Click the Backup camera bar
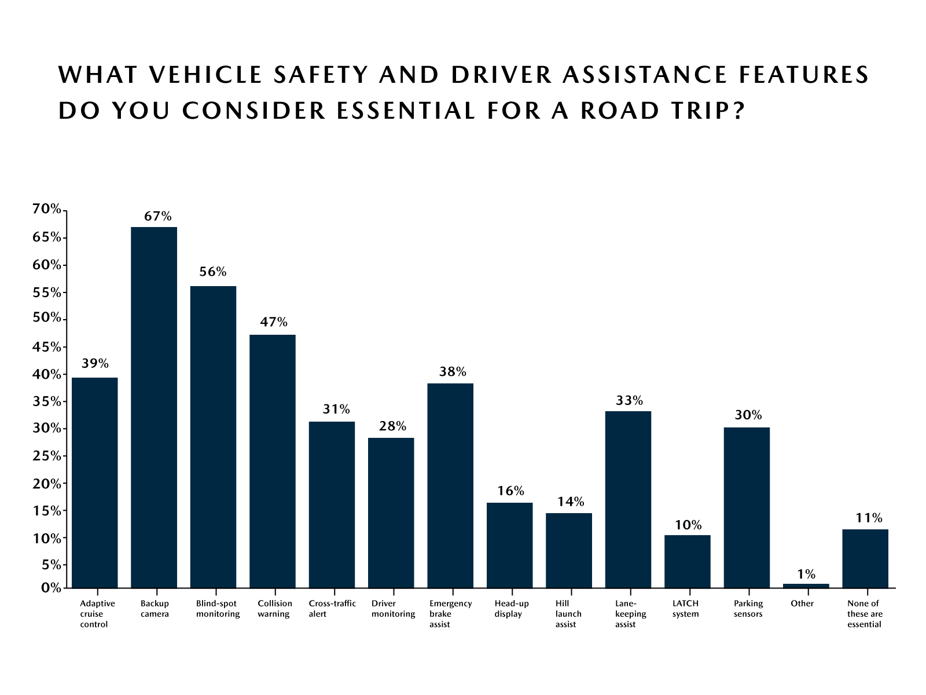pos(154,407)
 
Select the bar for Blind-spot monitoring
pos(213,437)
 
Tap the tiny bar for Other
pos(806,586)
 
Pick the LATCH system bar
pos(687,561)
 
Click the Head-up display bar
pos(509,545)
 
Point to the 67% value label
pos(158,217)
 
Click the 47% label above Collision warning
pos(273,323)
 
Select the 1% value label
pos(806,574)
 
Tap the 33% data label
pos(629,400)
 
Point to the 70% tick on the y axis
pos(46,209)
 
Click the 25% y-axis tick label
pos(46,456)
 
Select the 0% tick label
pos(51,588)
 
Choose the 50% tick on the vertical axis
pos(46,318)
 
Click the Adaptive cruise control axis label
pos(97,613)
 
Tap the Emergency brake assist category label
pos(450,613)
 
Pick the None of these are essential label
pos(864,613)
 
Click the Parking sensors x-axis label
pos(748,608)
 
